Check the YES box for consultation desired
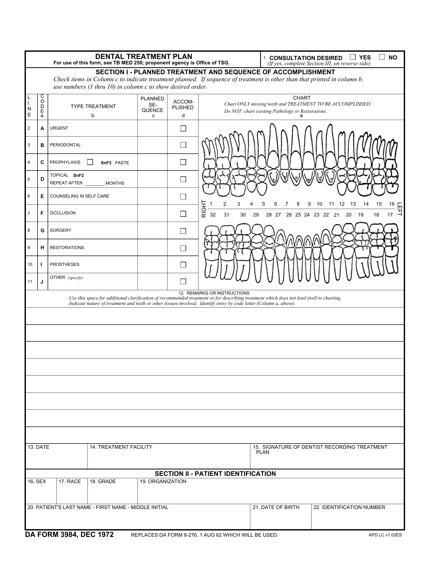pyautogui.click(x=353, y=57)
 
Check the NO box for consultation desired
pyautogui.click(x=382, y=57)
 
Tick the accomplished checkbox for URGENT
pyautogui.click(x=183, y=129)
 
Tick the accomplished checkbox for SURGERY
pyautogui.click(x=183, y=231)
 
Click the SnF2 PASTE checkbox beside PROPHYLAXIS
pyautogui.click(x=90, y=162)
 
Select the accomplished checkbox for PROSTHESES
pyautogui.click(x=183, y=265)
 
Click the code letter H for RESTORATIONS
pyautogui.click(x=42, y=248)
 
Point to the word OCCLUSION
pyautogui.click(x=63, y=213)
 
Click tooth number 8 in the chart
pyautogui.click(x=298, y=204)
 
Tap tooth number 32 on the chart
pyautogui.click(x=213, y=215)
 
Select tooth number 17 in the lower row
pyautogui.click(x=390, y=215)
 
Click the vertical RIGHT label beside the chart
pyautogui.click(x=204, y=209)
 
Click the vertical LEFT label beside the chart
pyautogui.click(x=399, y=209)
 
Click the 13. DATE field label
pyautogui.click(x=38, y=447)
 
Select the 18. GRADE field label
pyautogui.click(x=103, y=482)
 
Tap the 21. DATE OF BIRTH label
pyautogui.click(x=276, y=507)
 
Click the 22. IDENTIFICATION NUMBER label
pyautogui.click(x=349, y=507)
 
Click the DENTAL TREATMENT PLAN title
pyautogui.click(x=144, y=57)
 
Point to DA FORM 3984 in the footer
pyautogui.click(x=69, y=535)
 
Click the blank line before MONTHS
pyautogui.click(x=95, y=184)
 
